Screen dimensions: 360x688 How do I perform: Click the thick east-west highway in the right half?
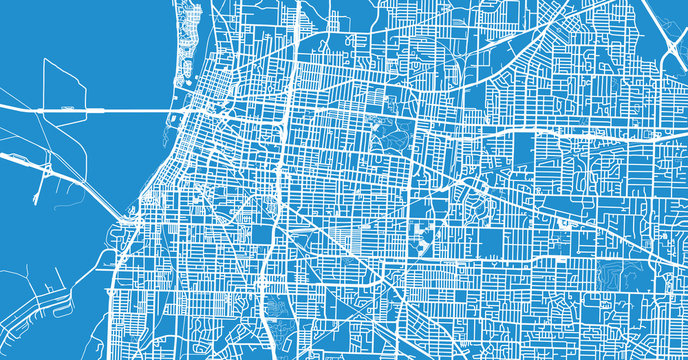[560, 131]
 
